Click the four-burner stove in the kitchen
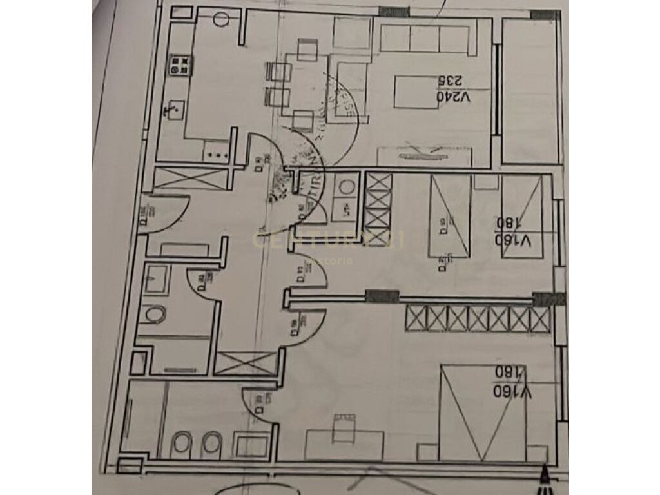(x=181, y=65)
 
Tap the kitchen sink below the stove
(x=173, y=110)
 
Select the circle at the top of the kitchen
(x=220, y=19)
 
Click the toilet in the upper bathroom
(x=155, y=315)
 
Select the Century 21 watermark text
(x=329, y=242)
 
